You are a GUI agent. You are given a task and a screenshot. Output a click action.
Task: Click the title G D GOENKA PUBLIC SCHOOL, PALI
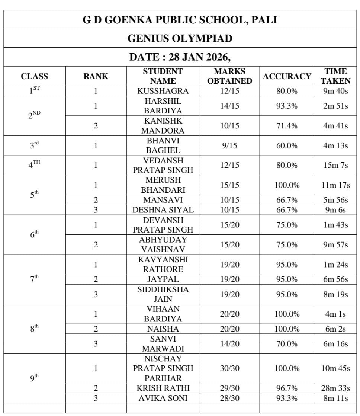point(180,20)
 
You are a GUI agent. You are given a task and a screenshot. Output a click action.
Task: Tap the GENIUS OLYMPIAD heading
point(180,38)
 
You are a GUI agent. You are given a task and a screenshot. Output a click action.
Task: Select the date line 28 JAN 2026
point(180,57)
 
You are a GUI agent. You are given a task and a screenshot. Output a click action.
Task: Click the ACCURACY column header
point(287,76)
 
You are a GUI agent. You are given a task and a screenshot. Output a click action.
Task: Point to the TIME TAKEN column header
point(335,76)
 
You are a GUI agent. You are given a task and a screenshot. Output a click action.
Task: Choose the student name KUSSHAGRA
point(163,91)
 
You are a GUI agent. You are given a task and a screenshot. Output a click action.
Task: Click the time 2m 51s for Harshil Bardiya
point(335,106)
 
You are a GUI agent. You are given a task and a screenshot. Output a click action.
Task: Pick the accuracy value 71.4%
point(287,126)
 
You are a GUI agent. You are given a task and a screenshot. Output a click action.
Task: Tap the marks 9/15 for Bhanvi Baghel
point(229,145)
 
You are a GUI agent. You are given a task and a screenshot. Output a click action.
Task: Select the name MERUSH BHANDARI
point(163,185)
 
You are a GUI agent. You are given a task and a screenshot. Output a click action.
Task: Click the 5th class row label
point(34,195)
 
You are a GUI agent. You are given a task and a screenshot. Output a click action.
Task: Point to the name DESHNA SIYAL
point(163,210)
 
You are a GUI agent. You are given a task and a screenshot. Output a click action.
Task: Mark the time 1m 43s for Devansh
point(335,225)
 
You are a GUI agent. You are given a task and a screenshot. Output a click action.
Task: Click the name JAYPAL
point(163,279)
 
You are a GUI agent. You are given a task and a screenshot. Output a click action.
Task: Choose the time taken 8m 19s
point(335,294)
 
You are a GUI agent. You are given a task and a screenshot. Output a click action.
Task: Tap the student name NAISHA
point(163,329)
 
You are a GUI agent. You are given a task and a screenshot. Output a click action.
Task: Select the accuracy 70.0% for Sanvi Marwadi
point(287,344)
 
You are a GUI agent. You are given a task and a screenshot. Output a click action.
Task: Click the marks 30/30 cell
point(229,368)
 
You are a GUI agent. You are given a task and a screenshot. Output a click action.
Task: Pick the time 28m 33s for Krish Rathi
point(335,388)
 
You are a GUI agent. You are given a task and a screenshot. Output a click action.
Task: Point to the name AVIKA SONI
point(163,398)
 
